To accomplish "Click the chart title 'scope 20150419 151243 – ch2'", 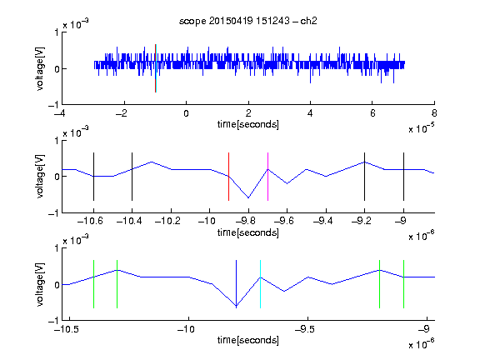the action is click(248, 21).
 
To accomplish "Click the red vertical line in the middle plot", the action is click(228, 177).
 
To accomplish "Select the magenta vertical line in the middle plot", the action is click(267, 177).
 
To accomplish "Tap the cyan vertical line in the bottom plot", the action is click(260, 284).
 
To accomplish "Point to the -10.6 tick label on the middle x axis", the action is click(90, 221).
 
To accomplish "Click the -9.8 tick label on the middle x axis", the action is click(246, 221).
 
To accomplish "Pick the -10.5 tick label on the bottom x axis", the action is click(66, 329).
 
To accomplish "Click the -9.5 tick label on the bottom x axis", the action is click(305, 329).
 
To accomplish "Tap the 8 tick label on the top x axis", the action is click(434, 113).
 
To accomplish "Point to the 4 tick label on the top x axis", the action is click(310, 113).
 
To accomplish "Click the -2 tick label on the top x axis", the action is click(122, 113).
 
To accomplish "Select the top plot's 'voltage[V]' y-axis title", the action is click(40, 68).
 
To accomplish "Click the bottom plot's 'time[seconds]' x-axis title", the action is click(248, 340).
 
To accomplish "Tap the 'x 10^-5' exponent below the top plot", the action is click(422, 128).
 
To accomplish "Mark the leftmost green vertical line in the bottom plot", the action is click(93, 284).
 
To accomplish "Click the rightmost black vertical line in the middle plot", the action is click(403, 177).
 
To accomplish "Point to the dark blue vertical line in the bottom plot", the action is click(236, 284).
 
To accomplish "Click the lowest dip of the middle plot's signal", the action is click(248, 197).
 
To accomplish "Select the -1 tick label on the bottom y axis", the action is click(53, 321).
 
